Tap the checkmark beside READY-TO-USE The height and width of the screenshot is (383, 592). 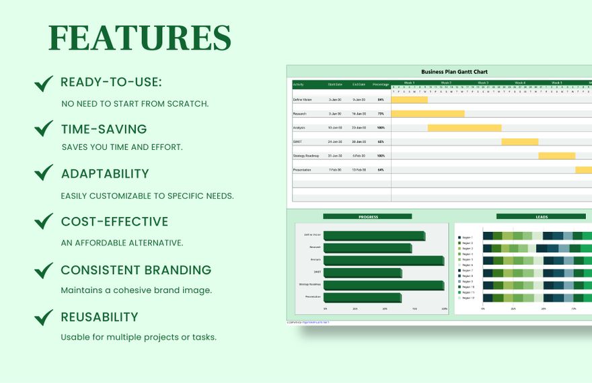(x=44, y=83)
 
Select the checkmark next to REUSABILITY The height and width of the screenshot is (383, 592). (x=44, y=317)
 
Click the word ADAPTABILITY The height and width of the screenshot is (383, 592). (x=105, y=173)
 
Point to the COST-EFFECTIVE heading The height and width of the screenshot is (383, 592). (x=114, y=222)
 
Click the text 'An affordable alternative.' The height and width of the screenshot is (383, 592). (x=122, y=243)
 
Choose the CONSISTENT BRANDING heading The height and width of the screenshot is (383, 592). (x=136, y=270)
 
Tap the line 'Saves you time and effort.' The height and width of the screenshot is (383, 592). (x=122, y=146)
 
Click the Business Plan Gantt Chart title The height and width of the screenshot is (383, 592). (x=454, y=71)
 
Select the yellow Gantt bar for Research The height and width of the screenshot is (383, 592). (x=428, y=114)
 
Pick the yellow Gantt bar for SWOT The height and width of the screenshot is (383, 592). (x=519, y=142)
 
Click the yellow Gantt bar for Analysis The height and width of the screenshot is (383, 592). (x=464, y=128)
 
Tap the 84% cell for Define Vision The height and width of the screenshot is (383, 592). (x=381, y=99)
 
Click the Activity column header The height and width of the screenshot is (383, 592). (x=299, y=85)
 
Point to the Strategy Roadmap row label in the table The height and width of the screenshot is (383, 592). (x=306, y=156)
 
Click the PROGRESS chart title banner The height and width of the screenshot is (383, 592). (x=367, y=216)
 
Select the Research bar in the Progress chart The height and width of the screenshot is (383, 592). (x=367, y=248)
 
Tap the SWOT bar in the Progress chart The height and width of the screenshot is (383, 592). (x=362, y=272)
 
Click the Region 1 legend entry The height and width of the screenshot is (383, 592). (x=466, y=237)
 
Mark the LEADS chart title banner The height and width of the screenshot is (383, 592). (x=541, y=216)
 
